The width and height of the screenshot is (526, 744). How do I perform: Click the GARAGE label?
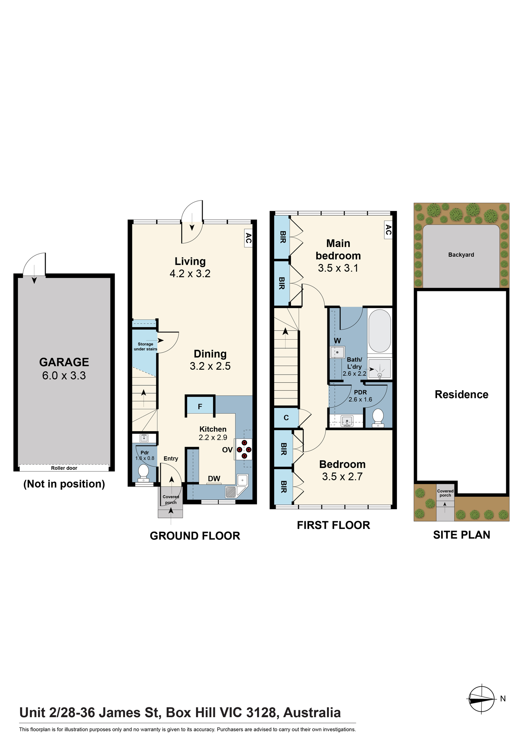pyautogui.click(x=64, y=362)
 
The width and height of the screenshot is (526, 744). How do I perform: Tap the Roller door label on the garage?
pyautogui.click(x=64, y=468)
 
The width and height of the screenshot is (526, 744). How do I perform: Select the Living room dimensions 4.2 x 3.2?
pyautogui.click(x=190, y=274)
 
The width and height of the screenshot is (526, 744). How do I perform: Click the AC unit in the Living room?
pyautogui.click(x=248, y=238)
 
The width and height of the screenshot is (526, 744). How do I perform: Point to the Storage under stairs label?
pyautogui.click(x=145, y=346)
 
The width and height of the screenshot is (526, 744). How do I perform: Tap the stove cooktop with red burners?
pyautogui.click(x=244, y=449)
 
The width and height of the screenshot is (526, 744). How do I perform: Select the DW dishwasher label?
pyautogui.click(x=214, y=479)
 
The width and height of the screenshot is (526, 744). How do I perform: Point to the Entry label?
pyautogui.click(x=171, y=459)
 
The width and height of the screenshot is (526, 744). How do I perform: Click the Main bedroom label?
pyautogui.click(x=338, y=250)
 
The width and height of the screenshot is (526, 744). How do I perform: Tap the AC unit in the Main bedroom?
pyautogui.click(x=388, y=230)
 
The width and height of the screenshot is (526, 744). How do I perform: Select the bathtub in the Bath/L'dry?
pyautogui.click(x=380, y=331)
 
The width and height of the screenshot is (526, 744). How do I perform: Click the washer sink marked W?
pyautogui.click(x=337, y=352)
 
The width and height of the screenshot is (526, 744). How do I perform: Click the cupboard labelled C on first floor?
pyautogui.click(x=286, y=418)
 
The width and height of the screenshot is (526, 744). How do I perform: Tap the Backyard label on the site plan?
pyautogui.click(x=461, y=255)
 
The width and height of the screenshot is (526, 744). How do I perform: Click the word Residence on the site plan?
pyautogui.click(x=461, y=394)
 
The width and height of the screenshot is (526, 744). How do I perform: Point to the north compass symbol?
pyautogui.click(x=481, y=699)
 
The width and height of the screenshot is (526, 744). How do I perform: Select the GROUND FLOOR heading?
pyautogui.click(x=195, y=536)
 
